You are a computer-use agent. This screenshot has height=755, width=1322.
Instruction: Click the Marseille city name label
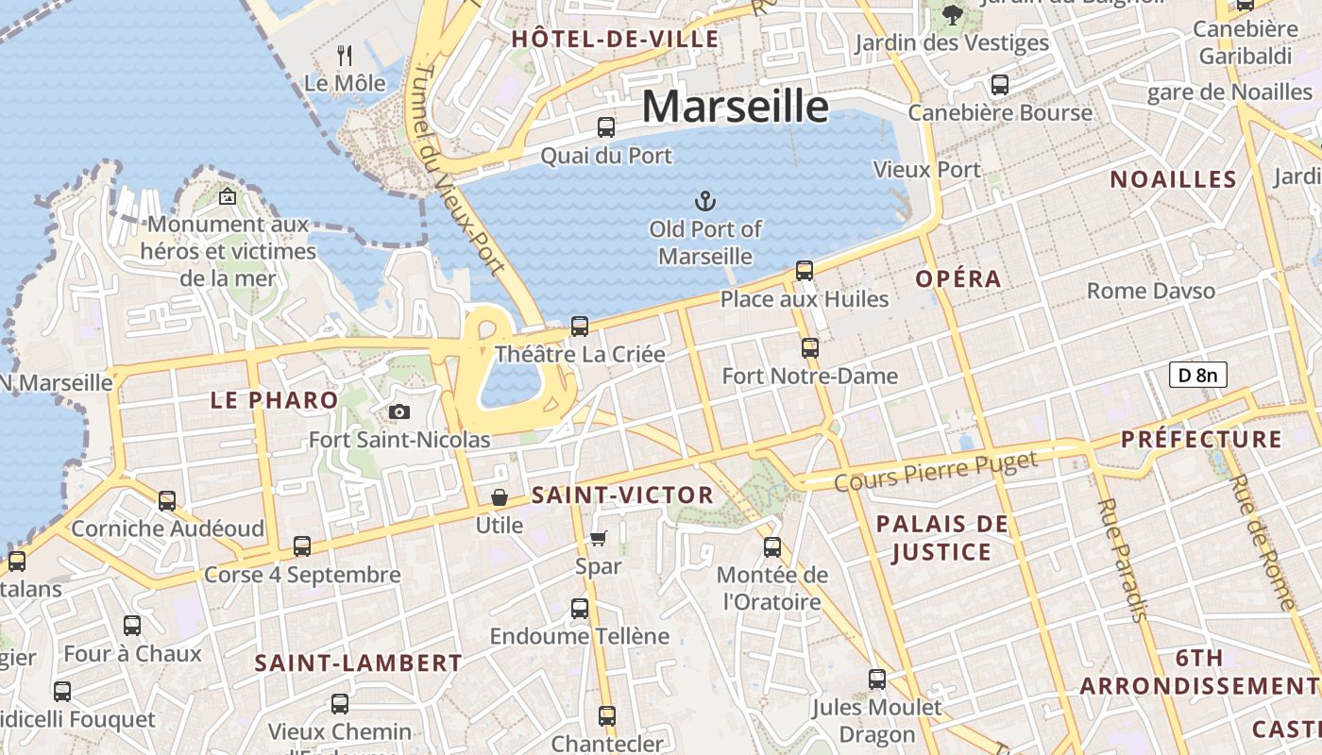point(736,106)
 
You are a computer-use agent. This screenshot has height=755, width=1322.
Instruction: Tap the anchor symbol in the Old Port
point(704,200)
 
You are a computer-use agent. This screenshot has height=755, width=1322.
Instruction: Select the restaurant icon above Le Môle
point(345,56)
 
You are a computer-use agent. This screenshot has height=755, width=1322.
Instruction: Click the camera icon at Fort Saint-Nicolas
point(399,411)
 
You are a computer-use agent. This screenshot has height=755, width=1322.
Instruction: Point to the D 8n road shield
point(1197,375)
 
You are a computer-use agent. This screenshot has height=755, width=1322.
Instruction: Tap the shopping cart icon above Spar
point(598,538)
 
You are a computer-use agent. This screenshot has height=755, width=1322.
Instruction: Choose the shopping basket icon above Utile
point(499,496)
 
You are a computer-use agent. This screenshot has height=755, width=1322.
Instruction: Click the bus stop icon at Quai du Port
point(606,126)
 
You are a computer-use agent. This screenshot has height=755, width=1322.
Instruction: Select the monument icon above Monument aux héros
point(227,196)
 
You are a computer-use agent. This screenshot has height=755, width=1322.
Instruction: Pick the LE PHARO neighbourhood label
point(274,400)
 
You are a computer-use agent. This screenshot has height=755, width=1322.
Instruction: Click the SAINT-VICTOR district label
point(622,495)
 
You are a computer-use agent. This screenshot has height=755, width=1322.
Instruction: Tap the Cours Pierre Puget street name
point(936,471)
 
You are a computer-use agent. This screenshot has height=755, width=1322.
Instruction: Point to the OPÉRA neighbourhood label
point(958,279)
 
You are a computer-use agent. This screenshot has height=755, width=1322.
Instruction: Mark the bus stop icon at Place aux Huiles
point(805,271)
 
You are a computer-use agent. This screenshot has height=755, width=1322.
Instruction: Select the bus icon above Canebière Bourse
point(1000,85)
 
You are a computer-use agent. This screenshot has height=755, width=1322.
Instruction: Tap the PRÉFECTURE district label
point(1201,440)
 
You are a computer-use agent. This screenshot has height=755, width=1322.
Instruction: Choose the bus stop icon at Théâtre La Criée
point(580,327)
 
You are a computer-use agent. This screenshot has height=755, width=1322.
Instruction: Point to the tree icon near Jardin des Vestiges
point(952,14)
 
